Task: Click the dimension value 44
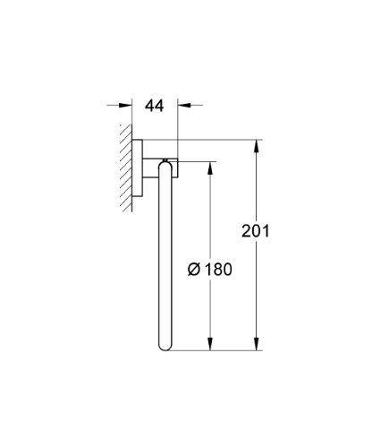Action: pos(154,106)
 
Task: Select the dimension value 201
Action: pos(255,231)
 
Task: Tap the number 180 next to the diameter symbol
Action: pos(218,269)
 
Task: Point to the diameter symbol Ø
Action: pos(194,269)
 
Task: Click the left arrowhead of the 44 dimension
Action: pos(125,105)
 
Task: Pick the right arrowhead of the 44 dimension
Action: pos(184,105)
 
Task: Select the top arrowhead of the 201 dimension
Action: pos(256,146)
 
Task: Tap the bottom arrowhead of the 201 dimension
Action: pos(256,343)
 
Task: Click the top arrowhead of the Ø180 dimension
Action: pos(210,168)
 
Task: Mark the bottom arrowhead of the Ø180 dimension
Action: pos(210,343)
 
